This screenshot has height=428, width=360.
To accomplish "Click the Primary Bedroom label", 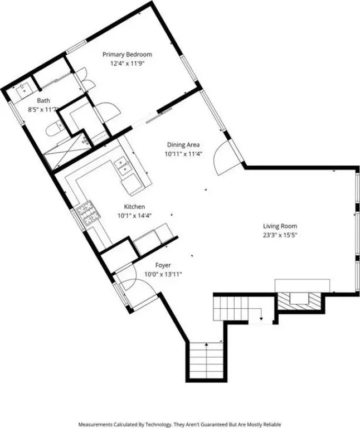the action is tap(127, 54).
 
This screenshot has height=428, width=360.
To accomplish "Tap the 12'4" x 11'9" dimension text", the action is tap(127, 64).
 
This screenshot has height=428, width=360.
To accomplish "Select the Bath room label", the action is tap(43, 100).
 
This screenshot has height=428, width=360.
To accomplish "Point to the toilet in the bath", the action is tap(55, 129).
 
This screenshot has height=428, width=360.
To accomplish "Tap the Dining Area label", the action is tap(183, 145).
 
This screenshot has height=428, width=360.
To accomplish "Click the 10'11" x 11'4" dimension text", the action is tap(183, 154).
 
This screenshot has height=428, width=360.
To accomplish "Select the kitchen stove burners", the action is tap(89, 213).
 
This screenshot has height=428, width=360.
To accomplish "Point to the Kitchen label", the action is tap(134, 207).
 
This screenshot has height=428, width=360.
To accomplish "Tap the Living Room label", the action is tap(280, 226).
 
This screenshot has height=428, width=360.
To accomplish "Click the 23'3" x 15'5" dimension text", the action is tap(280, 235).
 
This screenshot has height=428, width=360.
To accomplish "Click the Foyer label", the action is tap(163, 265).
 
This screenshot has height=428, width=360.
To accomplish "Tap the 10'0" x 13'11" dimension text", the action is tap(163, 274).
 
